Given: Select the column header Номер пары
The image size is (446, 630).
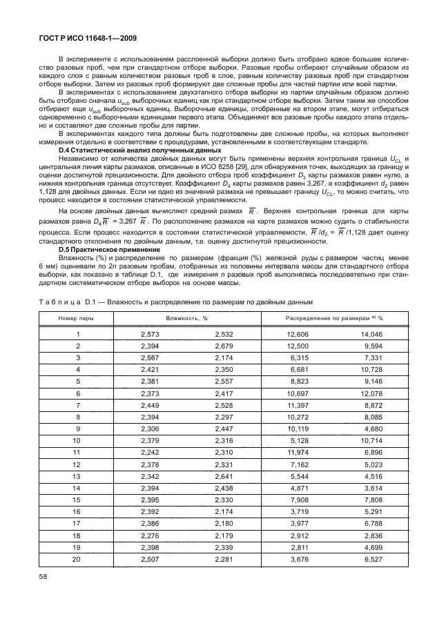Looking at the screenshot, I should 78,317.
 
